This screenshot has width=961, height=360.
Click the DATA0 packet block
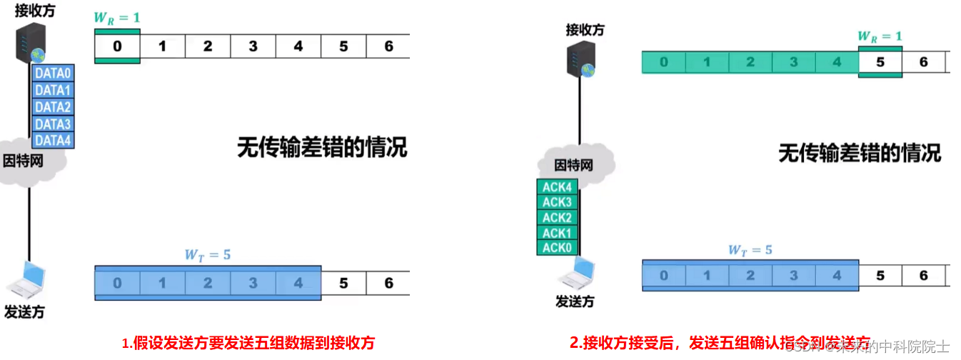coord(54,73)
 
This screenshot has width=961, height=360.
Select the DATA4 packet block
coord(54,141)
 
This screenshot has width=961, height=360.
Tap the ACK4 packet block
coord(557,187)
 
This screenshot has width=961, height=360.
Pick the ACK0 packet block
coord(557,248)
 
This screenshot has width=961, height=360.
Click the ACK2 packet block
coord(557,218)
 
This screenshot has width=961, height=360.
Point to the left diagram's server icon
coord(31,44)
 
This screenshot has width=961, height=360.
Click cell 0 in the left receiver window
coord(117,46)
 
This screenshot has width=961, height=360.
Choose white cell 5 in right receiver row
coord(880,62)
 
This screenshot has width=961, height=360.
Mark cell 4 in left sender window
coord(298,283)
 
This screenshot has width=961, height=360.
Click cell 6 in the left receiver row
coord(388,46)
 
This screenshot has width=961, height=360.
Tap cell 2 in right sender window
coord(750,276)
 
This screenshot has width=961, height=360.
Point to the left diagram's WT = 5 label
coord(208,254)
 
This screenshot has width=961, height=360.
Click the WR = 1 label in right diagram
coord(880,36)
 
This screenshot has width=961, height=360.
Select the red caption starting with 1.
coord(248,343)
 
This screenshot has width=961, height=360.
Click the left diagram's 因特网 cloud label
coord(24,161)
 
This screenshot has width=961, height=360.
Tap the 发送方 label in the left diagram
coord(25,312)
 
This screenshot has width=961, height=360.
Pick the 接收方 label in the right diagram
coord(585,29)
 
